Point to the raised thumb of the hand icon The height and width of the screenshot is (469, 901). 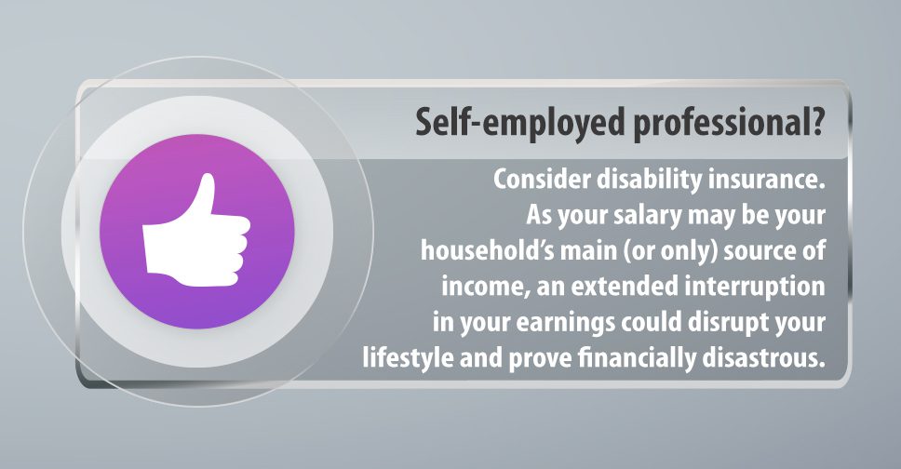click(x=205, y=196)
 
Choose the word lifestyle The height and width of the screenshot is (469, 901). click(x=408, y=358)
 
